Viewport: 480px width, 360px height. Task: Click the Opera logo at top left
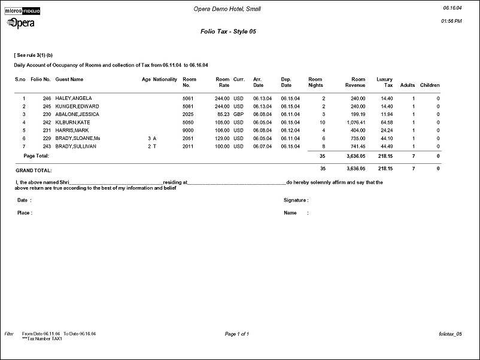coord(20,23)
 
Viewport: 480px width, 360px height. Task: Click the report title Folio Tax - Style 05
coord(229,31)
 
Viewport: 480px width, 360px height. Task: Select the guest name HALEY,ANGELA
coord(73,98)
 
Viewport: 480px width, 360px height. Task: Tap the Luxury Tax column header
coord(384,82)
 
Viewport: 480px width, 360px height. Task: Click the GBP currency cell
coord(239,114)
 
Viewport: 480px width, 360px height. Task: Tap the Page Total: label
coord(36,155)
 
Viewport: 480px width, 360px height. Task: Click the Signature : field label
coord(296,200)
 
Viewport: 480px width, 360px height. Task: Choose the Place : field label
coord(25,213)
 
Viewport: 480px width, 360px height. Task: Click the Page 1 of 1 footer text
coord(237,334)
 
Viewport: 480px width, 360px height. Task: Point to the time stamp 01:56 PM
coord(451,21)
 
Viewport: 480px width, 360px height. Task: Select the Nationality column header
coord(165,79)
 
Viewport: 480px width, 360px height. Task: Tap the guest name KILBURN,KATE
coord(72,122)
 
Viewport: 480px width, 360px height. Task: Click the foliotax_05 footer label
coord(450,334)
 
